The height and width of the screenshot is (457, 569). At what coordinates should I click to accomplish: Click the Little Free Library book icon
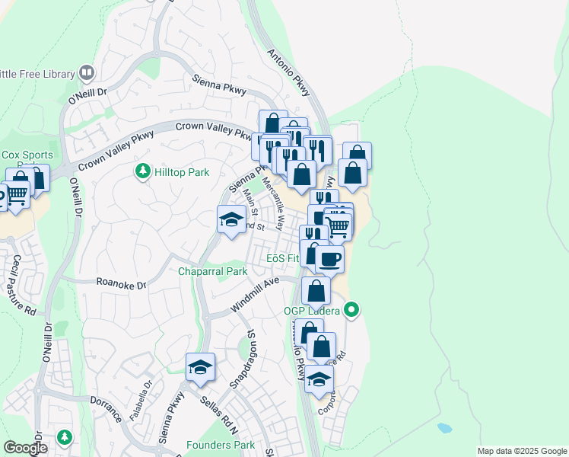(x=86, y=73)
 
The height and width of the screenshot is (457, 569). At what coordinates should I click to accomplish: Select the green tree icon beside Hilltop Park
(x=141, y=172)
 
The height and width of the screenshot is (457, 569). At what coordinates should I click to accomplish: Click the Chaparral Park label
(x=213, y=271)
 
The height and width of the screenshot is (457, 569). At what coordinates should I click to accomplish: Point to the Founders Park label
(x=221, y=445)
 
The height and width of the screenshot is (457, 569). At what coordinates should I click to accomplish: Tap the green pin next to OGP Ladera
(x=351, y=310)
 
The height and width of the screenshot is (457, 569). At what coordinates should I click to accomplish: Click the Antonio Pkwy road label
(x=289, y=72)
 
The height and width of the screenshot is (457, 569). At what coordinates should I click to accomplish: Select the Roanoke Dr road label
(x=120, y=282)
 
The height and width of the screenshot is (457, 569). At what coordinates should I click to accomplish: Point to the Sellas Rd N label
(x=218, y=411)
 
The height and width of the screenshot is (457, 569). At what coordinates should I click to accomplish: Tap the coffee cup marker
(x=329, y=260)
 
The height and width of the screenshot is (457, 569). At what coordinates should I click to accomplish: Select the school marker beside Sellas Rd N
(x=200, y=368)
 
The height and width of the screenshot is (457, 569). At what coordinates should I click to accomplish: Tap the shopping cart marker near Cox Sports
(x=18, y=196)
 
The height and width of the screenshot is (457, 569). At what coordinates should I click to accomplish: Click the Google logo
(x=25, y=448)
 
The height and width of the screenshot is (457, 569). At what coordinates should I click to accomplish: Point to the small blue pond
(x=443, y=427)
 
